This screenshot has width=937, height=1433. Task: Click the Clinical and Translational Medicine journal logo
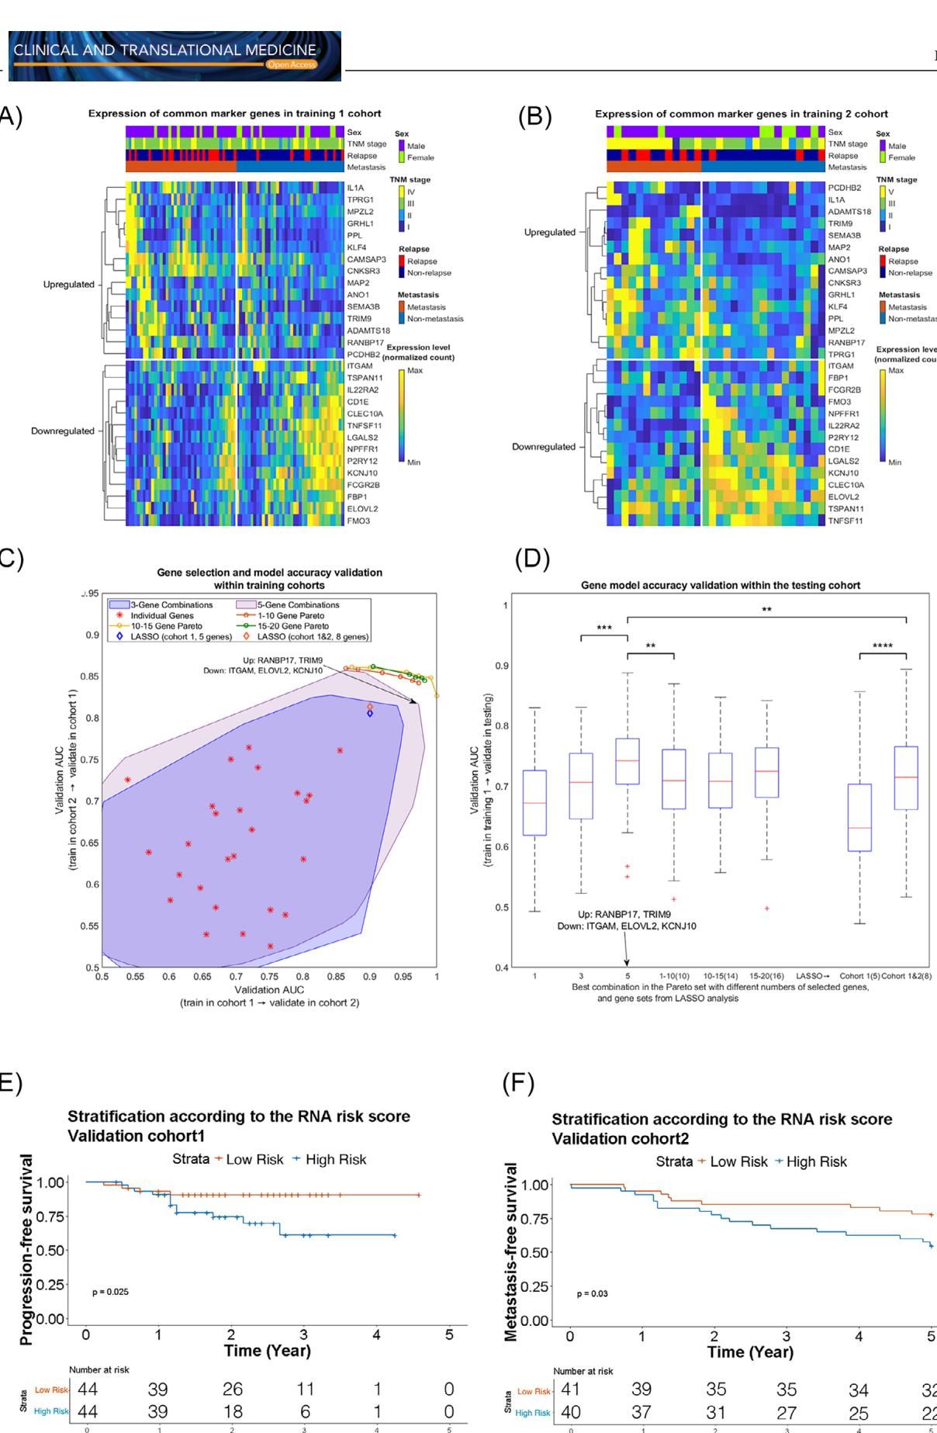pos(175,56)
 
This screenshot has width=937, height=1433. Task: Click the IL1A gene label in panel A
pos(355,188)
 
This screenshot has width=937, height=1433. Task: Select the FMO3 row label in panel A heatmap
pos(358,521)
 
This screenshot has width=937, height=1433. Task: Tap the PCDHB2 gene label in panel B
pos(844,188)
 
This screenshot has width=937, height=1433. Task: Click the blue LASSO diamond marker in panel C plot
pos(370,713)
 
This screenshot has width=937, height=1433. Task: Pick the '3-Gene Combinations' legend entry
pos(161,604)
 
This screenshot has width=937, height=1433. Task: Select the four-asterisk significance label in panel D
pos(883,646)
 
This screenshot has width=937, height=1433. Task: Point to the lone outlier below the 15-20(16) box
pos(767,909)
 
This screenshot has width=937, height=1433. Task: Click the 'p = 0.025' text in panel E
pos(110,1292)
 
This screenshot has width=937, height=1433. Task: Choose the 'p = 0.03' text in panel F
pos(593,1293)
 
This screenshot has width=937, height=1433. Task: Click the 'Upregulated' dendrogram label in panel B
pos(550,232)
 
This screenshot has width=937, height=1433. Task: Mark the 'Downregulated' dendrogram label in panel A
pos(62,431)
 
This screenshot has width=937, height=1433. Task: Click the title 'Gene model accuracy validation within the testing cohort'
pos(721,585)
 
